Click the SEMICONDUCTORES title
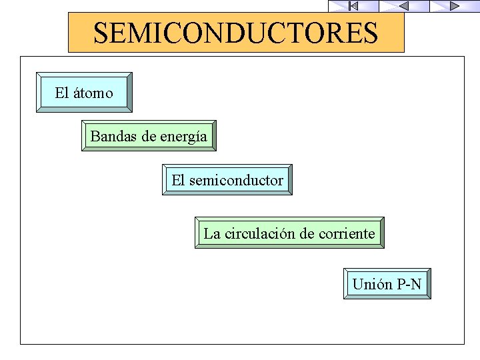click(236, 33)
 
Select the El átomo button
click(84, 92)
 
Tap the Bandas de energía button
click(149, 136)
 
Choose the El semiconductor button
click(227, 179)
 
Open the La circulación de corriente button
click(289, 233)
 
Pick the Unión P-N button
click(387, 284)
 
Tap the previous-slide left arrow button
click(404, 6)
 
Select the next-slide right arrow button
click(454, 6)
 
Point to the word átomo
click(93, 93)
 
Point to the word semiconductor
click(236, 180)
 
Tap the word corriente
click(346, 233)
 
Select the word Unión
click(372, 285)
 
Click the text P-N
click(409, 285)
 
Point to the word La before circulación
click(211, 233)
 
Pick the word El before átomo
click(62, 93)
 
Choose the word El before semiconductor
click(178, 180)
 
